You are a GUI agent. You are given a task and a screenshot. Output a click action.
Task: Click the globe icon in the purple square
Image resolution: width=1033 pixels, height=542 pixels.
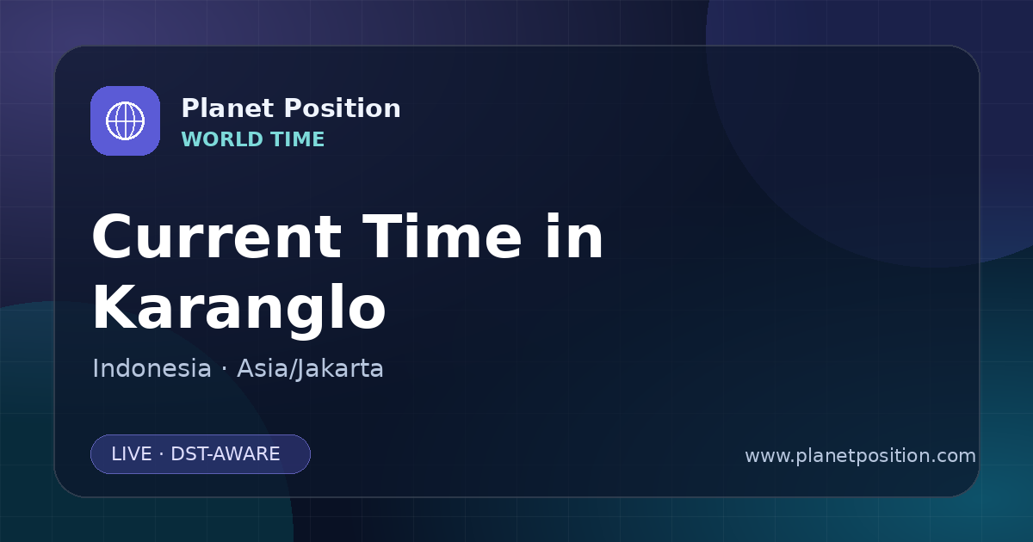point(125,120)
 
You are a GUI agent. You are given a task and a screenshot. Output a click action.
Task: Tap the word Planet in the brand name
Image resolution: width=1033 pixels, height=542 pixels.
point(228,108)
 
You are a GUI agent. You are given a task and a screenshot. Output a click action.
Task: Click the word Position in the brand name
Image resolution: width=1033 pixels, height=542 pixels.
point(343,108)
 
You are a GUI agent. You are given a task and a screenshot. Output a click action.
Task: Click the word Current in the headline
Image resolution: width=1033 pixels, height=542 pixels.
point(217,237)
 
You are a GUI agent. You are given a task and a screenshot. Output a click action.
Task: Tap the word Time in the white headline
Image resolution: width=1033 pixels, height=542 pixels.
point(442,237)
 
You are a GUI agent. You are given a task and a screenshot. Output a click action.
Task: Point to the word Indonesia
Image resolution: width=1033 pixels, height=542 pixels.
point(152,368)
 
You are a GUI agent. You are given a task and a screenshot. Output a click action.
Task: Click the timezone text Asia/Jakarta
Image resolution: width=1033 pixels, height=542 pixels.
point(310,369)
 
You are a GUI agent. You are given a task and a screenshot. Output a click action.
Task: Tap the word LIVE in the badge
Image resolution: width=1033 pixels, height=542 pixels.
point(132,454)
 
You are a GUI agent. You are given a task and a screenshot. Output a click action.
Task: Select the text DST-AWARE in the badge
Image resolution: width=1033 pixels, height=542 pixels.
point(225,454)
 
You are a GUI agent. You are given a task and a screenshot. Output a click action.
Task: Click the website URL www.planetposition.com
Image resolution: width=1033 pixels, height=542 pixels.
point(860,456)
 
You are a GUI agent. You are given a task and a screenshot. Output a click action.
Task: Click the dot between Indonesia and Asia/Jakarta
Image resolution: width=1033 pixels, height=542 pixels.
point(224,369)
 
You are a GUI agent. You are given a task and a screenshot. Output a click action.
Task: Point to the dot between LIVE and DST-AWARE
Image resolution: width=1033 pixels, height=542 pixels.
point(162,454)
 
